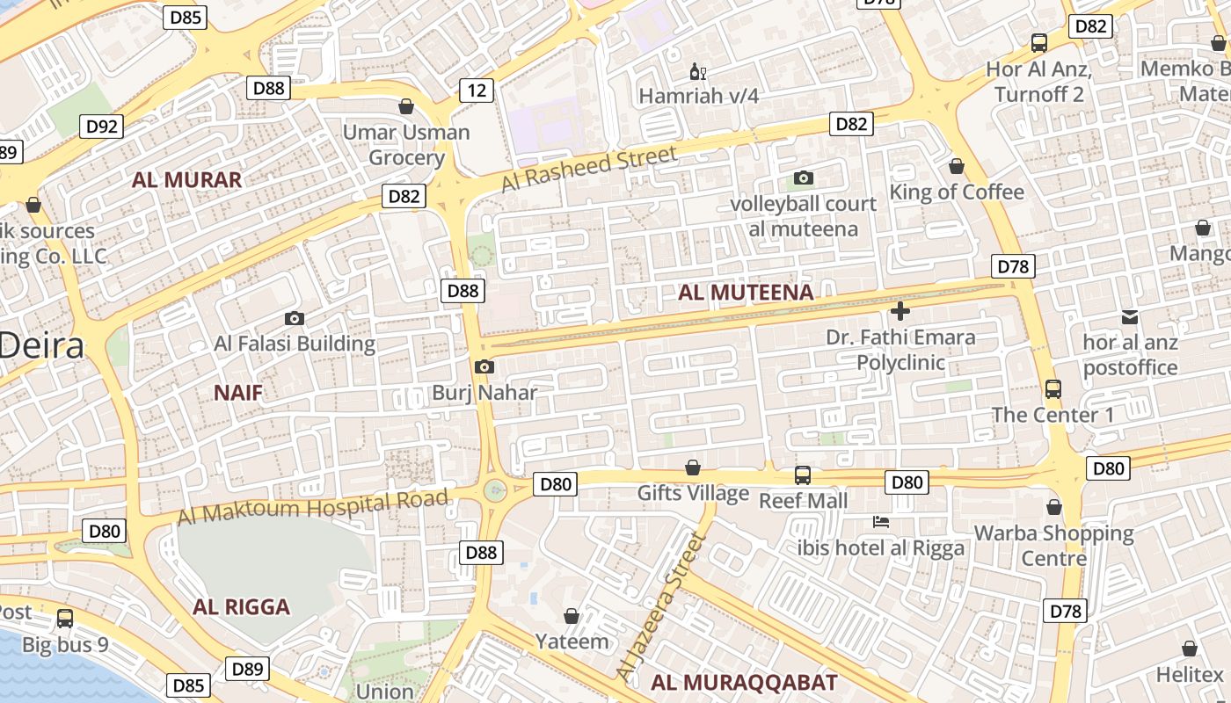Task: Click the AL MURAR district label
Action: coord(186,180)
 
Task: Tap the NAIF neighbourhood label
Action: coord(238,393)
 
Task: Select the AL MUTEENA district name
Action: coord(746,293)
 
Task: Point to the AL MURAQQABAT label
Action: coord(744,682)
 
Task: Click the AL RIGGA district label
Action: coord(241,607)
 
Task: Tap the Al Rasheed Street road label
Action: coord(589,169)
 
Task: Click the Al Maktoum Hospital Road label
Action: coord(313,507)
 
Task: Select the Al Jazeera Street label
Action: coord(661,606)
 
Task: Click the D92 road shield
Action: coord(102,127)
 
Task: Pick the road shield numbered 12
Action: coord(477,90)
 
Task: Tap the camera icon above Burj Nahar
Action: coord(484,367)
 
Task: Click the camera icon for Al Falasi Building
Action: coord(295,318)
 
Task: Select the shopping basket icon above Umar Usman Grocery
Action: coord(406,107)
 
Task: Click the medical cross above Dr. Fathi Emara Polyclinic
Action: coord(900,311)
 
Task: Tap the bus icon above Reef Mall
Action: coord(803,475)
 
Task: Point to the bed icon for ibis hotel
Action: coord(881,522)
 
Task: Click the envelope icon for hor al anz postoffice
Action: coord(1130,316)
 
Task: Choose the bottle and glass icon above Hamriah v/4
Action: coord(698,71)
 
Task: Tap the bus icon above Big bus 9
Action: coord(65,619)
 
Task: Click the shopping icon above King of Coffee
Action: coord(957,166)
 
